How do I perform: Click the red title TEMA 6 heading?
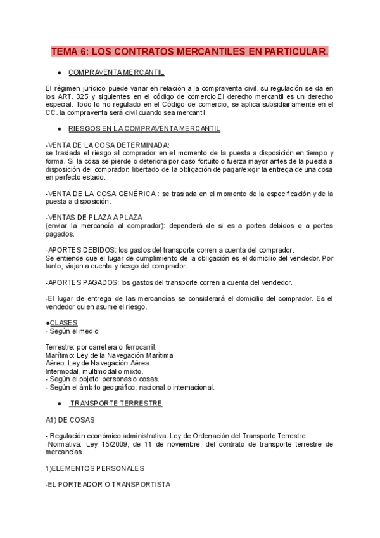click(x=189, y=51)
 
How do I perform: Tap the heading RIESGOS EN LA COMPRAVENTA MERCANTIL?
click(x=144, y=129)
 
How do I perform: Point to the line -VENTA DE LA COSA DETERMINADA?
click(x=99, y=145)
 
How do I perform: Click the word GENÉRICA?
click(x=133, y=193)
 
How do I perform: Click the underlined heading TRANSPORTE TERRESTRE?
click(x=117, y=403)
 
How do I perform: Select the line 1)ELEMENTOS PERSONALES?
click(x=96, y=468)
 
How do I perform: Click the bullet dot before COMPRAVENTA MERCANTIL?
click(x=59, y=73)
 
